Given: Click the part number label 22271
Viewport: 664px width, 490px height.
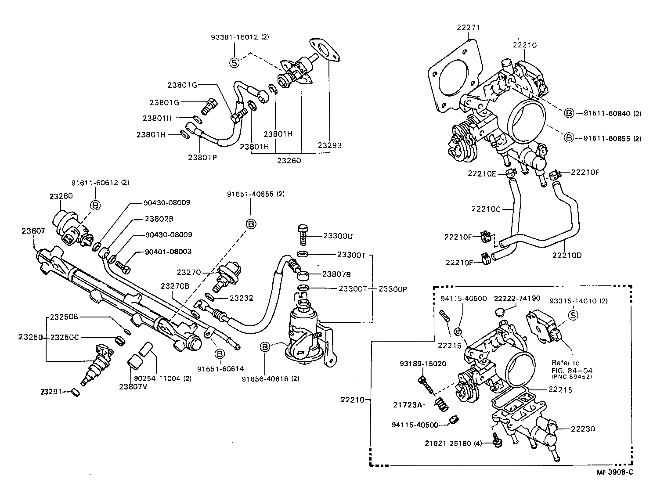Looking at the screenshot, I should pos(469,27).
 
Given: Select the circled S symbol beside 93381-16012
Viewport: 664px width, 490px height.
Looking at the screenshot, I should pos(234,62).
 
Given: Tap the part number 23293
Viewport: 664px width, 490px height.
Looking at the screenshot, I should pos(330,145).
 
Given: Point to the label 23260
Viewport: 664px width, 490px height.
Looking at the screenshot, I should pos(289,161).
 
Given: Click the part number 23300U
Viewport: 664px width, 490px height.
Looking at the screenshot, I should pos(338,236).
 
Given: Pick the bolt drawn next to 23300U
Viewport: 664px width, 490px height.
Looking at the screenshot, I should pos(302,234).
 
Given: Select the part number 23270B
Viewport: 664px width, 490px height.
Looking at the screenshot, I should pos(175,286).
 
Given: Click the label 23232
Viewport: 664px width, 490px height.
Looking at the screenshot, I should pos(242,298).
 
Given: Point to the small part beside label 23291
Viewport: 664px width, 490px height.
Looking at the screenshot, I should pos(75,392).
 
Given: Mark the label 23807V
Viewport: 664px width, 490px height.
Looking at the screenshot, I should pos(134,386).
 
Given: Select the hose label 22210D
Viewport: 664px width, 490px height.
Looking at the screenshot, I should pos(567,255).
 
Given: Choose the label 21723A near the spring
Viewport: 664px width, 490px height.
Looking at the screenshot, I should pos(407,405).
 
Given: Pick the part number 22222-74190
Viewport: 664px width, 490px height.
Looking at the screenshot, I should pos(517,298).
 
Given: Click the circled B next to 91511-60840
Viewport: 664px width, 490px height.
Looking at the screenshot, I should pos(569,113).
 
